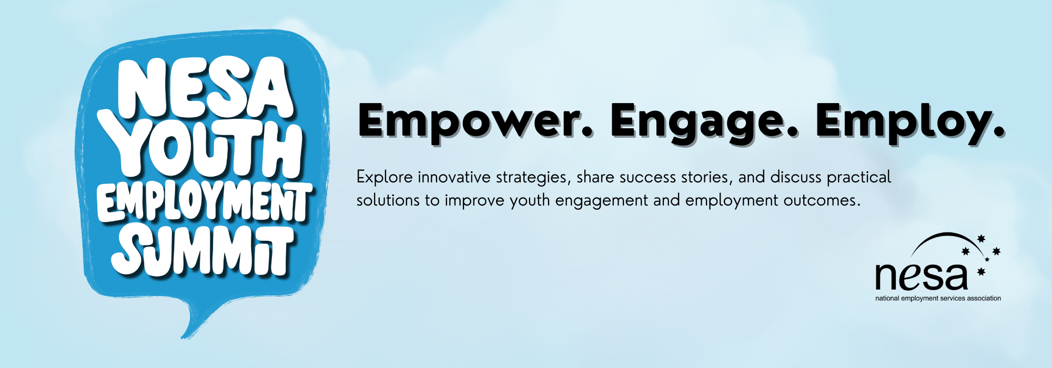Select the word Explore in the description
tap(385, 178)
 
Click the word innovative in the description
tap(454, 177)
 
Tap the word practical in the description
tap(859, 178)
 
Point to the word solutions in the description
tap(388, 200)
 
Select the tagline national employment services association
tap(938, 298)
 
